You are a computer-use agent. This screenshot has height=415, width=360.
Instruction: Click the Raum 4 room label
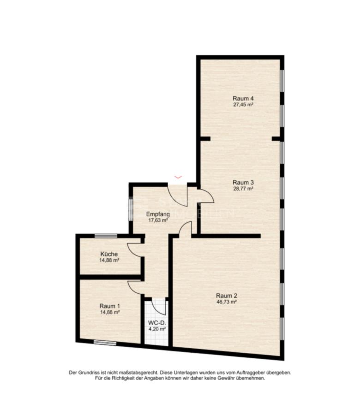pyautogui.click(x=243, y=98)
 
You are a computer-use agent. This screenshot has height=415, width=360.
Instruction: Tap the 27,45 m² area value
pyautogui.click(x=243, y=105)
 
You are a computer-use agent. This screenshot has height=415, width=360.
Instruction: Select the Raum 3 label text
pyautogui.click(x=243, y=182)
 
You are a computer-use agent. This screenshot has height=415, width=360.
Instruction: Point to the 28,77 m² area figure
pyautogui.click(x=243, y=188)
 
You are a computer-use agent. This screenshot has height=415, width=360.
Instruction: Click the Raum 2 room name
pyautogui.click(x=226, y=295)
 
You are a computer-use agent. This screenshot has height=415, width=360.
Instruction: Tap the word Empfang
pyautogui.click(x=158, y=214)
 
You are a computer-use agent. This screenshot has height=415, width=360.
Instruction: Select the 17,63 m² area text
pyautogui.click(x=158, y=220)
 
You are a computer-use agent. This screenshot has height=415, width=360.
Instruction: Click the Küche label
pyautogui.click(x=109, y=254)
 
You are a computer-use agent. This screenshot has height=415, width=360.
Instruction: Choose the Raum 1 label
pyautogui.click(x=110, y=305)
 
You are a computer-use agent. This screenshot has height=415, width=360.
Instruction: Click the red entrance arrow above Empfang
pyautogui.click(x=178, y=177)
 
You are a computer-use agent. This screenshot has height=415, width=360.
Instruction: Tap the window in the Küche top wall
pyautogui.click(x=106, y=236)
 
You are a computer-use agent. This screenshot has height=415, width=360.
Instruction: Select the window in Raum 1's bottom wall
pyautogui.click(x=105, y=343)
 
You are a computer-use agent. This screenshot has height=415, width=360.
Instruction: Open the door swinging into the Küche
pyautogui.click(x=135, y=249)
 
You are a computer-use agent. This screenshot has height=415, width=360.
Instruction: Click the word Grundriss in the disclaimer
pyautogui.click(x=89, y=372)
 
